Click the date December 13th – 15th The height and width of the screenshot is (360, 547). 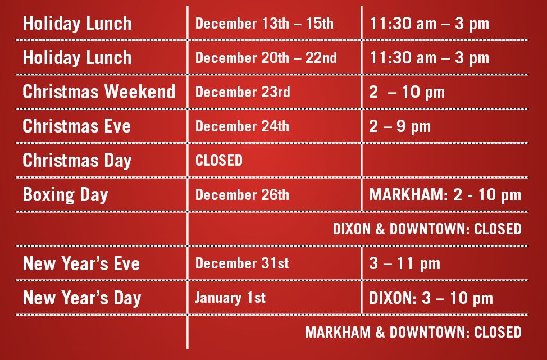(x=264, y=24)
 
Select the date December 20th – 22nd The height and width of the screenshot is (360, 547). (x=266, y=58)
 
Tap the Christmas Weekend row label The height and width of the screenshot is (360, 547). (x=99, y=92)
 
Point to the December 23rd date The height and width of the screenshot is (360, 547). (x=243, y=92)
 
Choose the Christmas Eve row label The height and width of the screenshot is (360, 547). (x=77, y=126)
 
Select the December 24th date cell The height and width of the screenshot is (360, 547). (x=242, y=126)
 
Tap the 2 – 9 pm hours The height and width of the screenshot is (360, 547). (x=400, y=126)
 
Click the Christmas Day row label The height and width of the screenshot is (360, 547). (x=77, y=161)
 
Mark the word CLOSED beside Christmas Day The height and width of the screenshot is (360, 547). (x=218, y=161)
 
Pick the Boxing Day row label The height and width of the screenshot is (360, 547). (x=65, y=195)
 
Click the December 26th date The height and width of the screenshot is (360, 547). (x=242, y=195)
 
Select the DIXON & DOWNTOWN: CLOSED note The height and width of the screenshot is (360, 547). (x=427, y=229)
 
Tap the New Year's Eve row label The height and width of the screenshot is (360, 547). (x=81, y=263)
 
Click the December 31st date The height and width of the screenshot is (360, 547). (x=242, y=263)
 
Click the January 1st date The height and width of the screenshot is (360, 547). (x=230, y=298)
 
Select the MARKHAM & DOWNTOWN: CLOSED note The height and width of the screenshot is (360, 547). (x=413, y=332)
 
